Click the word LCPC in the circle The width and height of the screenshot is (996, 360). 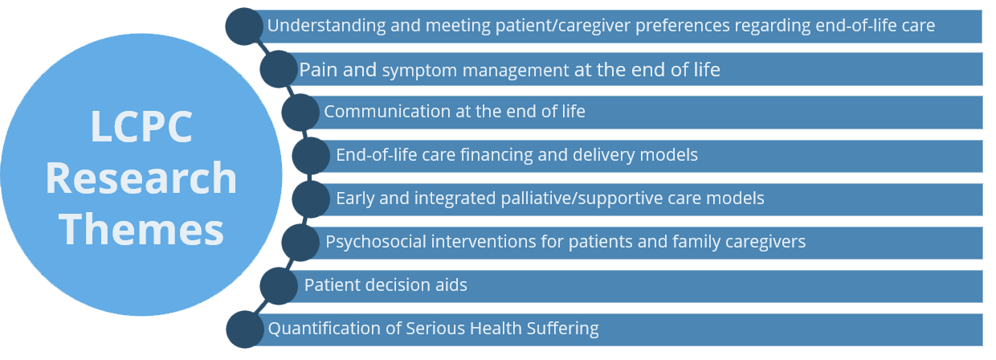pos(141,126)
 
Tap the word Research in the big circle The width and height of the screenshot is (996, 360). pos(141,178)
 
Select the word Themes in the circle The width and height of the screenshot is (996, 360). pos(141,230)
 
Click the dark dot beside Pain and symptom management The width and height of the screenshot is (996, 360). pos(279,69)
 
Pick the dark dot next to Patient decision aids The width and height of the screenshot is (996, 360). pos(279,286)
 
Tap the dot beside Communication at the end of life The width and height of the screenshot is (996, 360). pos(300,112)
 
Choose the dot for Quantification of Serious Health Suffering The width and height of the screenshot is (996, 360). pos(245,329)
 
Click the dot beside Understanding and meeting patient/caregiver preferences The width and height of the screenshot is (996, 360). pos(244,27)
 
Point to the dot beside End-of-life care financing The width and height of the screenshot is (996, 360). pos(312,156)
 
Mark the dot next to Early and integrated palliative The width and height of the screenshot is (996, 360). pos(312,199)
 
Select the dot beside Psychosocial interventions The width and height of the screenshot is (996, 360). pos(300,243)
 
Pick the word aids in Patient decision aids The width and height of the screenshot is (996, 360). pos(451,284)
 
